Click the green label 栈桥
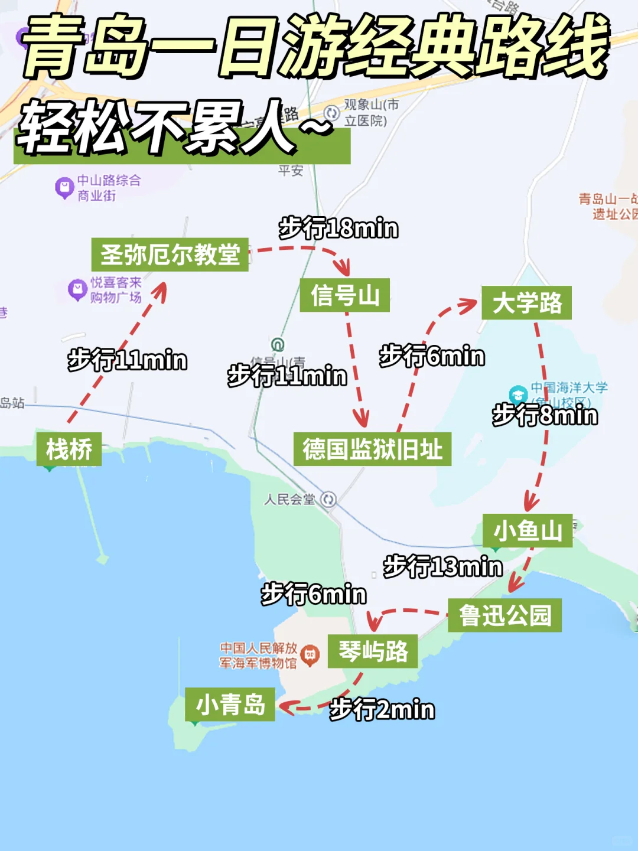tap(69, 449)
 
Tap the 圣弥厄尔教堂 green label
tap(170, 255)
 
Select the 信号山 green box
tap(345, 295)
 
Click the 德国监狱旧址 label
tap(372, 449)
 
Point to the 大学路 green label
tap(526, 303)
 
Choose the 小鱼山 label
tap(528, 530)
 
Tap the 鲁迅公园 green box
tap(504, 615)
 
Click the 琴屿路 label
tap(373, 651)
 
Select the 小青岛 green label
tap(230, 705)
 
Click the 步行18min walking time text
tap(338, 229)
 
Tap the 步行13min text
tap(443, 567)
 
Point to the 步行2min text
tap(382, 709)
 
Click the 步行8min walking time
tap(545, 415)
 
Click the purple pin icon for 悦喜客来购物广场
tap(77, 289)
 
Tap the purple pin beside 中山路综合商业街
tap(64, 188)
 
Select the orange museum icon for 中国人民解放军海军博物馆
tap(310, 654)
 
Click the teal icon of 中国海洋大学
tap(518, 394)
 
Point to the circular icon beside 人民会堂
tap(328, 500)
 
